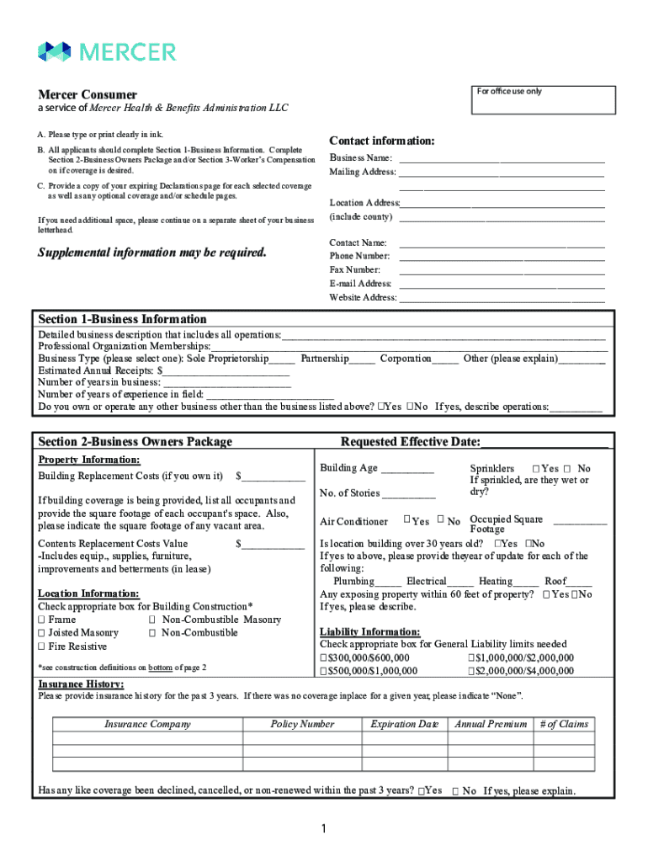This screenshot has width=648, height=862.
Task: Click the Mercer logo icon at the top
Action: click(54, 51)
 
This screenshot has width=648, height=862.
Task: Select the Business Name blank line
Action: click(502, 158)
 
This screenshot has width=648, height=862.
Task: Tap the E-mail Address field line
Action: click(502, 284)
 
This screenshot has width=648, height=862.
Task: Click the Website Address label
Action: click(363, 298)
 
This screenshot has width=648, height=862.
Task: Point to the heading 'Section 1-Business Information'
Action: click(122, 319)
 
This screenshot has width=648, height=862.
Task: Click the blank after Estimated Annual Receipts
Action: click(227, 370)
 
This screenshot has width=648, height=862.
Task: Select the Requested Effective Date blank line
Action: click(544, 443)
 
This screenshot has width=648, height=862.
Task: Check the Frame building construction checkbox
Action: click(41, 620)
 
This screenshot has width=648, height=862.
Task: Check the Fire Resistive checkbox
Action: click(41, 646)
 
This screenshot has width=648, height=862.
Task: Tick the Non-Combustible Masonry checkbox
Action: click(152, 620)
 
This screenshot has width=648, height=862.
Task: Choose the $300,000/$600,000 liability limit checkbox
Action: click(324, 657)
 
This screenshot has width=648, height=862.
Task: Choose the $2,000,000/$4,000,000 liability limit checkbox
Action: click(471, 671)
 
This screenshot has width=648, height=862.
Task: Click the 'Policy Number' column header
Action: click(302, 724)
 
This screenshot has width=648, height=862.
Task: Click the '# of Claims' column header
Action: click(564, 724)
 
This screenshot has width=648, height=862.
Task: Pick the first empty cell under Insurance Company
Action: click(147, 738)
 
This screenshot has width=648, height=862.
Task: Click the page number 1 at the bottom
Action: click(323, 830)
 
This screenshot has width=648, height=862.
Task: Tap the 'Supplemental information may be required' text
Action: click(152, 253)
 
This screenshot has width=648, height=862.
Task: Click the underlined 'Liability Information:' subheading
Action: click(370, 632)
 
